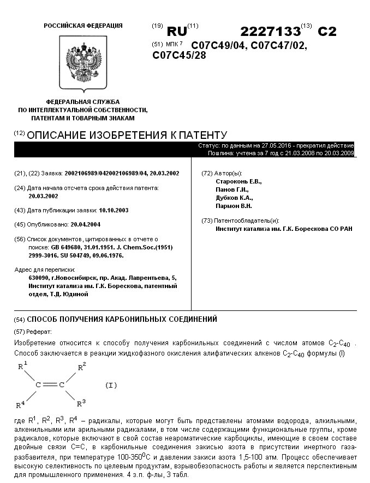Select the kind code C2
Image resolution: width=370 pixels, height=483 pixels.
[x=327, y=31]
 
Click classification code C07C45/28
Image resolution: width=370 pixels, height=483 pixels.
[x=179, y=55]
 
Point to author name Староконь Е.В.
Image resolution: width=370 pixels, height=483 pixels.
[x=239, y=181]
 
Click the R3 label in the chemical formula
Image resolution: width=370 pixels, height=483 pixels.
[x=81, y=402]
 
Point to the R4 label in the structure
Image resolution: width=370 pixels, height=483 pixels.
[x=20, y=404]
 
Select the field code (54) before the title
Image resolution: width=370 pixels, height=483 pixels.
[x=20, y=319]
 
